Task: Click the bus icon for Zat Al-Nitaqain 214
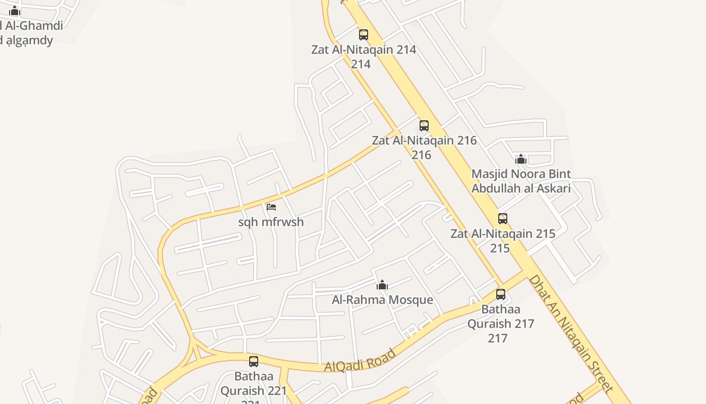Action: pos(363,35)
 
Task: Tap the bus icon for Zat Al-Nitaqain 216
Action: pos(424,125)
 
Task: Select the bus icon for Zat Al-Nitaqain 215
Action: pos(503,219)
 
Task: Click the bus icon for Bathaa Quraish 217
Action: pos(501,294)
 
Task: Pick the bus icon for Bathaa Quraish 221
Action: pos(254,362)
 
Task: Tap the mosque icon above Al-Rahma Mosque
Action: pos(382,285)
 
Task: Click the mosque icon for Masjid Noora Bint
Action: pos(521,160)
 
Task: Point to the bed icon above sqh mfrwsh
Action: pos(271,207)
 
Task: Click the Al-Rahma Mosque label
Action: pos(382,300)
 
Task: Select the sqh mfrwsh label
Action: pos(271,222)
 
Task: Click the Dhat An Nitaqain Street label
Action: pos(571,333)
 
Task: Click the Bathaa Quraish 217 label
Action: pos(500,323)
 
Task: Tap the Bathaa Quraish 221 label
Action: pos(254,384)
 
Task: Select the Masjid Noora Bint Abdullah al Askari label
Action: pos(521,181)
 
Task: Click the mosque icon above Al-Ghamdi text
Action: pos(15,11)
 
